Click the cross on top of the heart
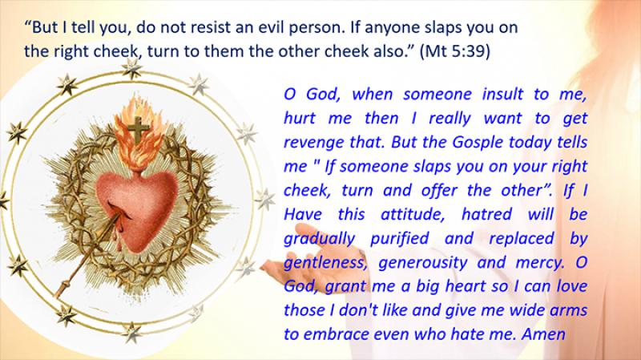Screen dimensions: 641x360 (138, 129)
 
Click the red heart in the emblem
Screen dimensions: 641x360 (136, 209)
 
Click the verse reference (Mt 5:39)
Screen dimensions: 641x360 (454, 51)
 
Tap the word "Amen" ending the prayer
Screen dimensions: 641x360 (543, 334)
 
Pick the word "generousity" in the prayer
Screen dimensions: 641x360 (423, 263)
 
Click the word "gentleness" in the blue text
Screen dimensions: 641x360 (325, 263)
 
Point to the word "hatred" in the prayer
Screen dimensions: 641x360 (486, 214)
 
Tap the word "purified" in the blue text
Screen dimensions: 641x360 (399, 239)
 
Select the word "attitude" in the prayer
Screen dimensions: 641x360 (413, 214)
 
